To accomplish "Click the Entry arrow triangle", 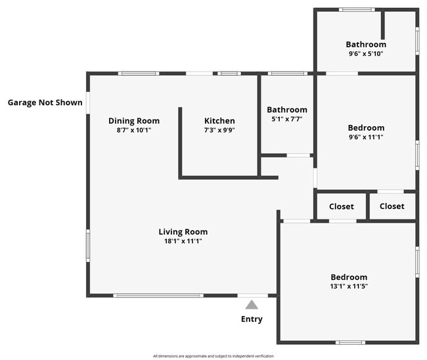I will coord(252,305).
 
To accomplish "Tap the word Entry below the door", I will coord(252,319).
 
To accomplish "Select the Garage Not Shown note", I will coord(45,102).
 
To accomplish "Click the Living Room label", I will coord(183,232).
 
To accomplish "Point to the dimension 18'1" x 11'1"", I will coord(183,241).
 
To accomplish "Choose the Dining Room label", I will coord(134,121).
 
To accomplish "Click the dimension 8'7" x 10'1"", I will coord(134,130).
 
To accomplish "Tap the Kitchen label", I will coord(219,121).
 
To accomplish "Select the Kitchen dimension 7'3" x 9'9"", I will coord(219,130).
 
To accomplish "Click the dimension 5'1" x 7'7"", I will coord(287,119).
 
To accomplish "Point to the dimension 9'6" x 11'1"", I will coord(366,137).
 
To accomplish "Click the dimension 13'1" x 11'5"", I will coord(349,286).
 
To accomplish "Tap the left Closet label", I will coord(342,206).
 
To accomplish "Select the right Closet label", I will coord(392,206).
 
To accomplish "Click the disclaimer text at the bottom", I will coord(213,356).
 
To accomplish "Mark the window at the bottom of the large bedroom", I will coord(350,342).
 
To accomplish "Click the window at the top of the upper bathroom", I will coord(357,9).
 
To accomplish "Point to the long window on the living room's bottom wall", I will coord(158,296).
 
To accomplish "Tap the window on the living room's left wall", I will coord(88,246).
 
